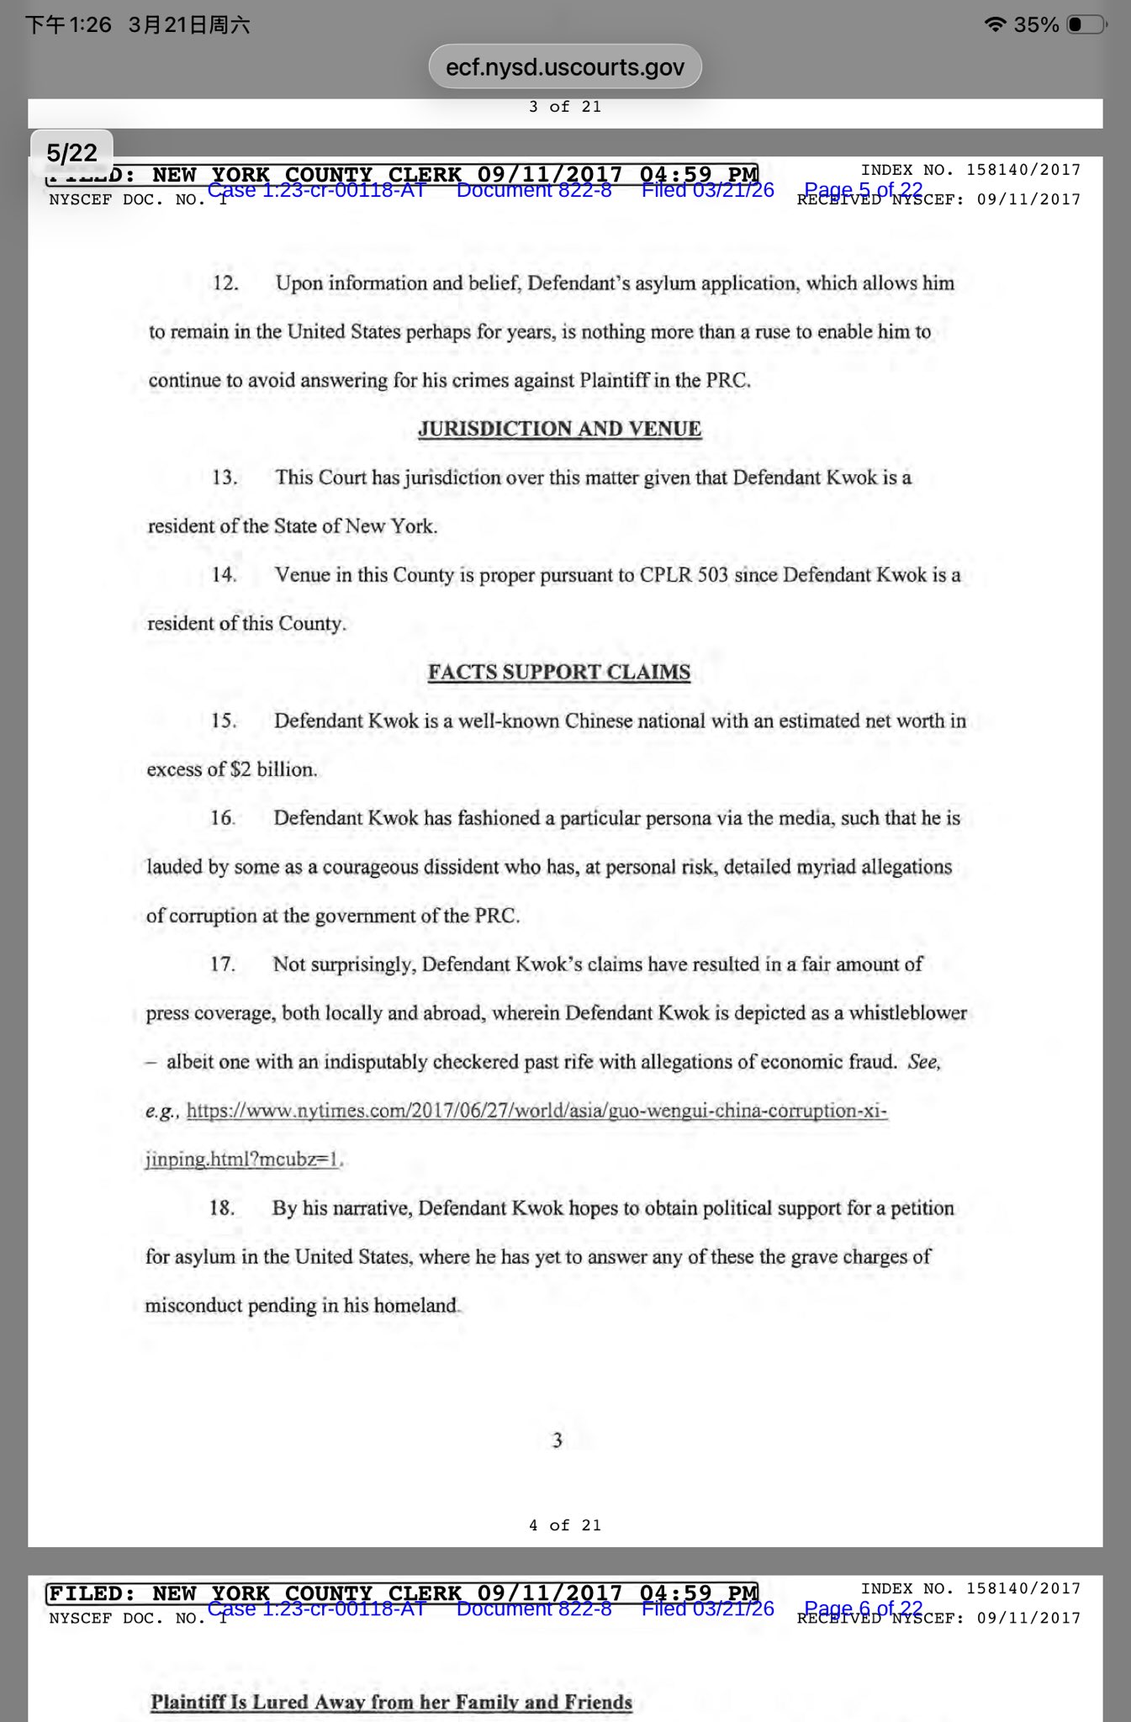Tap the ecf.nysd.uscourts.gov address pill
565,66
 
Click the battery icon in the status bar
1086,24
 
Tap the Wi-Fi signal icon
996,24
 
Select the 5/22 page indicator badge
71,152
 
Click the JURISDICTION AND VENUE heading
559,429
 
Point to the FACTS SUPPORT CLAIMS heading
559,672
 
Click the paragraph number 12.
225,283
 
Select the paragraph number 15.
224,721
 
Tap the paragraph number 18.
222,1208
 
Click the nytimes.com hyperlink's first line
536,1111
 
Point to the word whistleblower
907,1013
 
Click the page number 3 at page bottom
557,1440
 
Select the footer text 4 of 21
565,1525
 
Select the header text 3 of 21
565,107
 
